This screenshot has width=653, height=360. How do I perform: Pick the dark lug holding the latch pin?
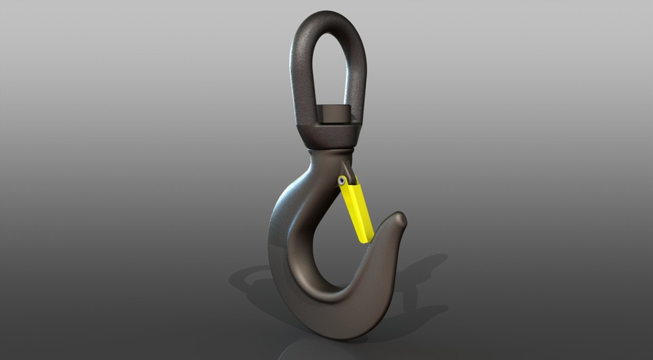pyautogui.click(x=348, y=170)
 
